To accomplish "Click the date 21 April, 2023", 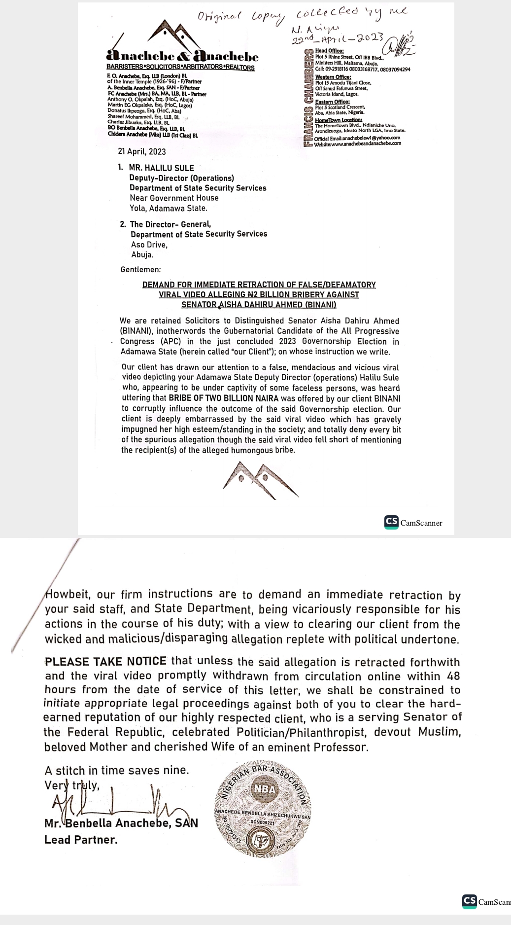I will click(x=142, y=152).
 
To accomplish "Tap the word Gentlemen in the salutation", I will click(x=140, y=270).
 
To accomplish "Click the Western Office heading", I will click(x=333, y=77).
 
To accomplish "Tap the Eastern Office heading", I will click(x=332, y=102).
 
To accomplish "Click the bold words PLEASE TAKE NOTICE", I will click(x=105, y=662).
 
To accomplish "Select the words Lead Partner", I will click(x=81, y=840).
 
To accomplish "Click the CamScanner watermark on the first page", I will click(x=413, y=523).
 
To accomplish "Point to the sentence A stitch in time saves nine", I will click(x=117, y=770).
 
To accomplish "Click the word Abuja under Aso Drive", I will click(x=142, y=255).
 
